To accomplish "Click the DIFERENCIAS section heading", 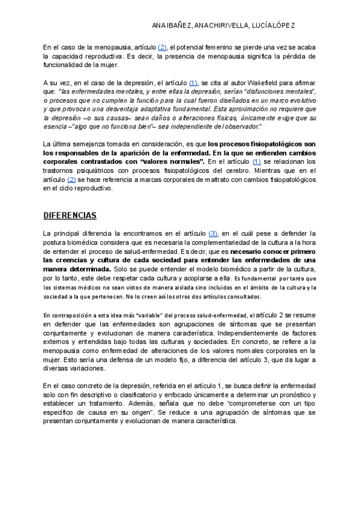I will [x=70, y=215].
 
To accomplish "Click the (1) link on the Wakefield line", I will [x=193, y=82].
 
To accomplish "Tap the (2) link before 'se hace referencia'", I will [x=71, y=179].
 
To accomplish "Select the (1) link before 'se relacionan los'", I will [x=256, y=161].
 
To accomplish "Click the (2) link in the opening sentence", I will [x=162, y=47].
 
